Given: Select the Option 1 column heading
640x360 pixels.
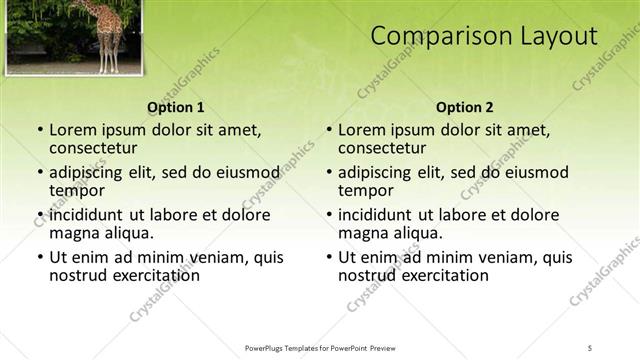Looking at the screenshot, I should [x=176, y=107].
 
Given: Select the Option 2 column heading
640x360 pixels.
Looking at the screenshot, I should [x=465, y=107].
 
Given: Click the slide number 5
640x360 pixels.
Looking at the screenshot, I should [x=590, y=347].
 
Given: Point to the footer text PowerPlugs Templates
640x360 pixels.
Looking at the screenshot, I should [x=290, y=347].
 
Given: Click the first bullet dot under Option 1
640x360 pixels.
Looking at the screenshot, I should [x=39, y=131].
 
